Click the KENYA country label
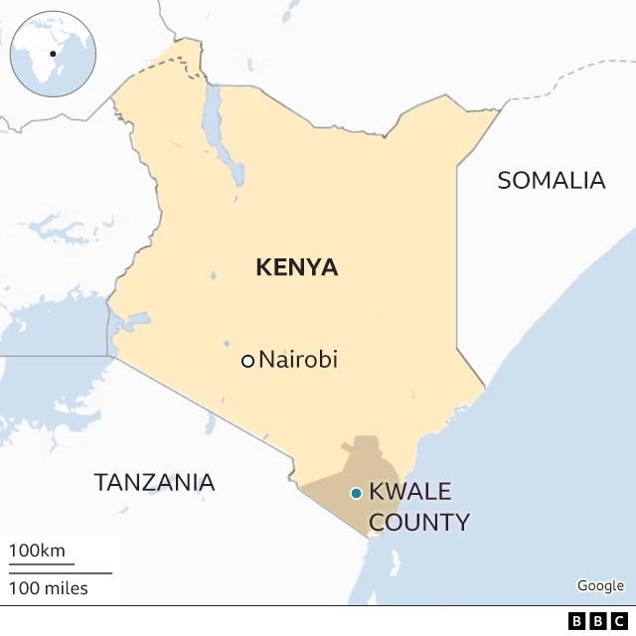(x=296, y=267)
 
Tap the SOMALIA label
(x=551, y=180)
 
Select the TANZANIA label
(x=154, y=483)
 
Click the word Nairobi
(x=298, y=360)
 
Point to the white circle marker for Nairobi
(x=247, y=361)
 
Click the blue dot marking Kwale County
(x=355, y=493)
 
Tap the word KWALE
(x=409, y=491)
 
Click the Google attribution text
(x=600, y=586)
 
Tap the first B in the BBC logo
(x=577, y=621)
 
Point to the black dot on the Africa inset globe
(x=53, y=54)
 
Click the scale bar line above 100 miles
(x=61, y=572)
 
